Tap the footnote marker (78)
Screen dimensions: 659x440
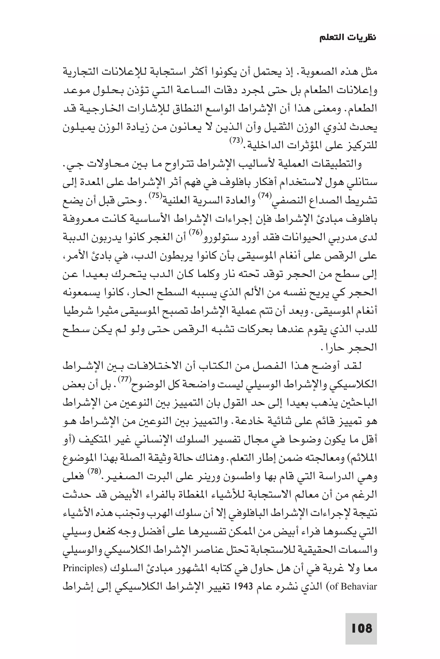pyautogui.click(x=94, y=471)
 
